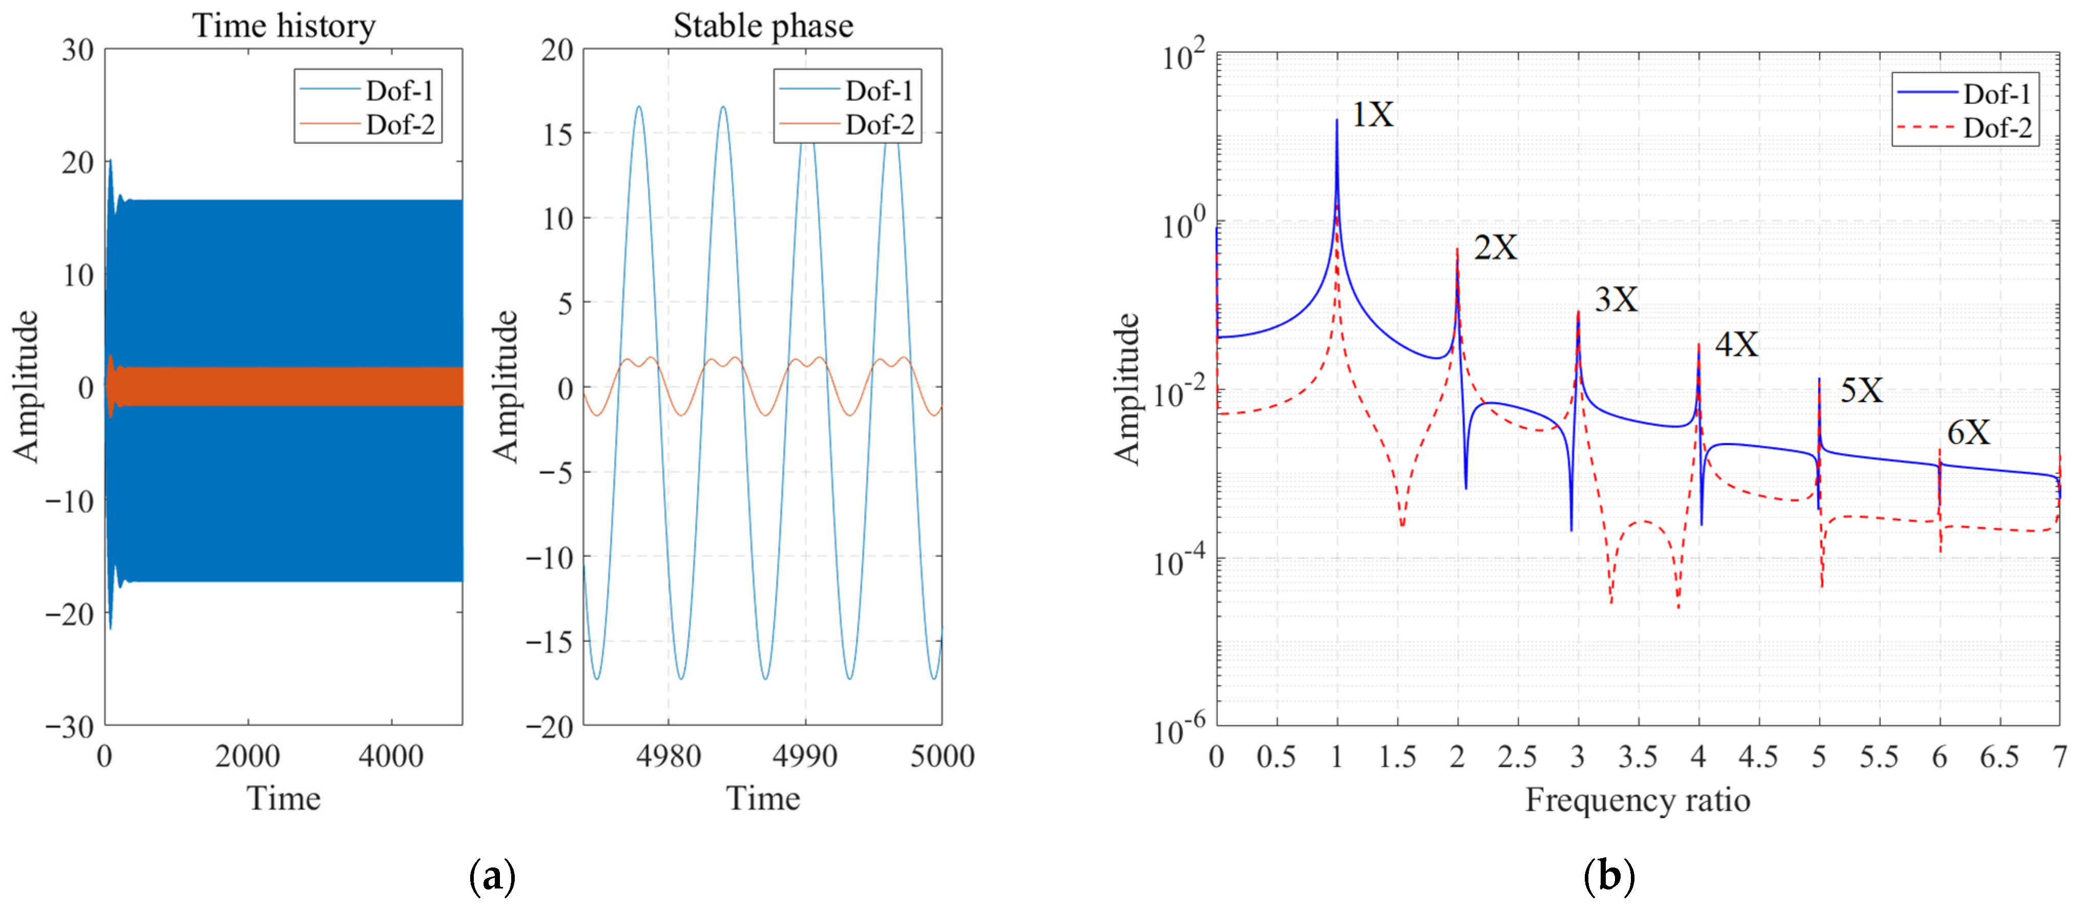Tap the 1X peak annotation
1372,114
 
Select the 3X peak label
1616,300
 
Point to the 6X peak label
1968,433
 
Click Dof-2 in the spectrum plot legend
1997,128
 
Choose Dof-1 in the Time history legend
400,90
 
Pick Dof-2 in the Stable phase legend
879,125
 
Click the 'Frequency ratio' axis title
1637,799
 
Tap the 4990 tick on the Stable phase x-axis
804,756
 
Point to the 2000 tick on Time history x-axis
247,756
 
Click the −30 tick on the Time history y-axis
69,727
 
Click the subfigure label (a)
492,876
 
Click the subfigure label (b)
1608,876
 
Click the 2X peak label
1495,247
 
